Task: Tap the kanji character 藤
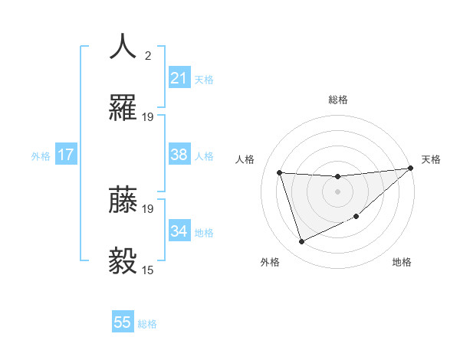(x=123, y=200)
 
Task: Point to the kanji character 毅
(x=123, y=261)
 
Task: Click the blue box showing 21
(x=179, y=78)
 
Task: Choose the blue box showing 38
(x=179, y=155)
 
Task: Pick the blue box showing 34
(x=179, y=231)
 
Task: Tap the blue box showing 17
(x=66, y=155)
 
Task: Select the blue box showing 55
(x=123, y=322)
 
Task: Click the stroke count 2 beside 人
(x=148, y=55)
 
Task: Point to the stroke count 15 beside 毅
(x=148, y=270)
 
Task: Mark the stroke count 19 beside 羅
(x=148, y=117)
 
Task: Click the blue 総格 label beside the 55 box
(x=147, y=324)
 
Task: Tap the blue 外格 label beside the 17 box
(x=41, y=156)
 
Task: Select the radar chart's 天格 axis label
(x=431, y=159)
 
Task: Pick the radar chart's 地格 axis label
(x=402, y=263)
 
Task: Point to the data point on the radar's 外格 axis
(x=301, y=242)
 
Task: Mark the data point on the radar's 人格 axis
(x=280, y=172)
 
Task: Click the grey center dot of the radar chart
(x=337, y=191)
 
